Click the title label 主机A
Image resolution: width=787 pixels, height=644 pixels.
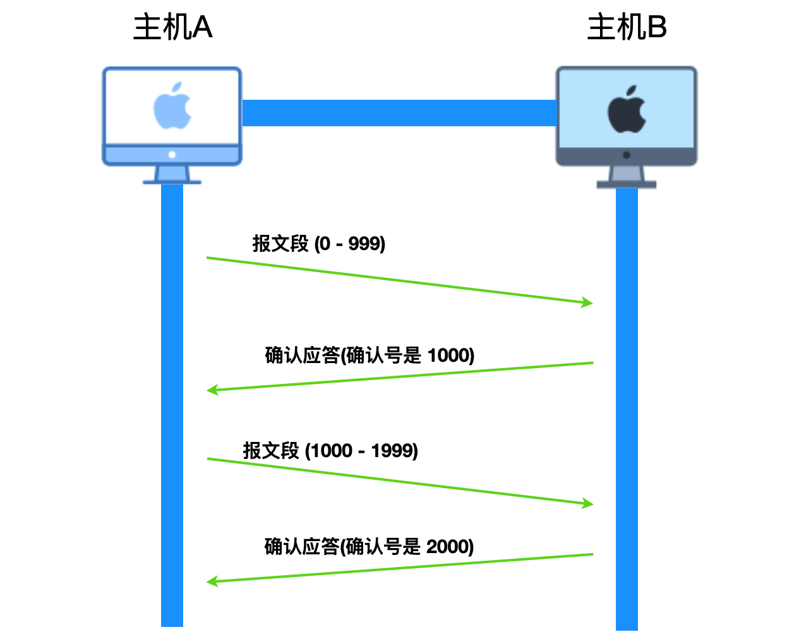click(x=173, y=27)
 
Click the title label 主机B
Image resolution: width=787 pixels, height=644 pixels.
click(x=627, y=27)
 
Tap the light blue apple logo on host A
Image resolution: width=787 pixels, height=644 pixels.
click(x=172, y=105)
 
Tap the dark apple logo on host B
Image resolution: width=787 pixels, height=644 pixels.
click(x=627, y=109)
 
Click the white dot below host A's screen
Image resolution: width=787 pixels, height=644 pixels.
click(x=172, y=155)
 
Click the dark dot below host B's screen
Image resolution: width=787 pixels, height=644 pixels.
click(x=627, y=155)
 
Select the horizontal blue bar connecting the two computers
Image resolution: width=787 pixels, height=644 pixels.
click(x=399, y=112)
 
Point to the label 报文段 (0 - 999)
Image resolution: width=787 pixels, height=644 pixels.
click(x=319, y=244)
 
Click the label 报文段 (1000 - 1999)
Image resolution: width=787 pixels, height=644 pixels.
click(x=330, y=450)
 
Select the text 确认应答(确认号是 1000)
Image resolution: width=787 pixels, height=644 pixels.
click(x=369, y=355)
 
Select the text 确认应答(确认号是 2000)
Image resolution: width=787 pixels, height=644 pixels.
click(x=369, y=547)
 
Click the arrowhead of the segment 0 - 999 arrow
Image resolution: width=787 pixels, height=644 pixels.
click(x=587, y=302)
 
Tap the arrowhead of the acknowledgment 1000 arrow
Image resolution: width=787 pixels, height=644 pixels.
click(x=212, y=390)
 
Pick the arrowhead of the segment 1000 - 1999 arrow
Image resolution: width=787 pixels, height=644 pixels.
click(x=588, y=503)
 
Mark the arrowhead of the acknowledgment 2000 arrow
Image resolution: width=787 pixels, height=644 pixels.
click(x=212, y=581)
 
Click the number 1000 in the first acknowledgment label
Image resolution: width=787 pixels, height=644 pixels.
click(x=448, y=355)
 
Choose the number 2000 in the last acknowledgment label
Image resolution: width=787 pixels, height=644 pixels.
click(x=447, y=547)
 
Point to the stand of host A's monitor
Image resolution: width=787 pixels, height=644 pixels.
click(x=172, y=175)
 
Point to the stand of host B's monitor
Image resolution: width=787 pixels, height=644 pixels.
click(x=627, y=177)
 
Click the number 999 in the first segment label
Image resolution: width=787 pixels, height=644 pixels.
click(x=364, y=244)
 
